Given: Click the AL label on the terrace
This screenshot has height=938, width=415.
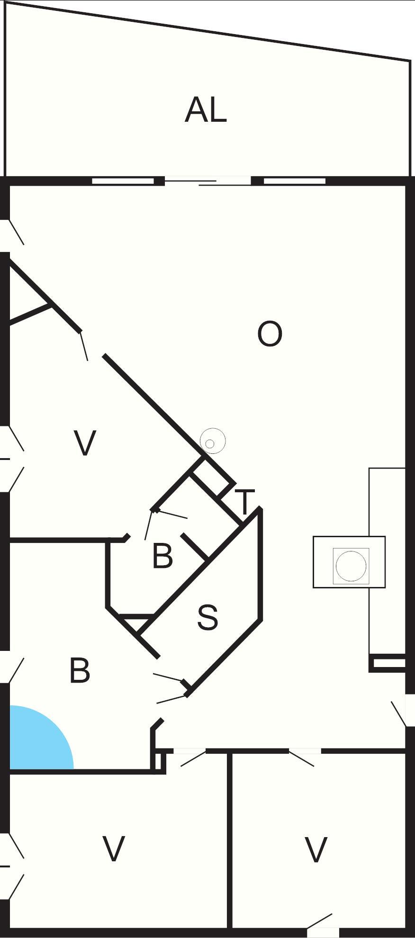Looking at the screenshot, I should [x=206, y=110].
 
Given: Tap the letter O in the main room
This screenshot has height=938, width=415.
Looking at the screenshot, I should [x=270, y=334].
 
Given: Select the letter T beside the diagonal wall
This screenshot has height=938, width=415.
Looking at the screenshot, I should [x=244, y=502].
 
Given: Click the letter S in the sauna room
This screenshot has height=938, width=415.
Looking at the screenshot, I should [x=207, y=617].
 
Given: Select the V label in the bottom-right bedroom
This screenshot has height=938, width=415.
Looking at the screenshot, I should [x=316, y=850].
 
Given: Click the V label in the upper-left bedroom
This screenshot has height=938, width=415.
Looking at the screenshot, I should [x=85, y=443].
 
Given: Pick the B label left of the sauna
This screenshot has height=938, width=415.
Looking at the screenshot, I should [x=162, y=556].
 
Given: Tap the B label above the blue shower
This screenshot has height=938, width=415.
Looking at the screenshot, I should [x=80, y=670].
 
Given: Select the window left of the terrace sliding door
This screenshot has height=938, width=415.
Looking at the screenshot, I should [x=123, y=181].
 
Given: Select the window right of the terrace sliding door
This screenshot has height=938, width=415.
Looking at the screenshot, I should [x=294, y=181].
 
